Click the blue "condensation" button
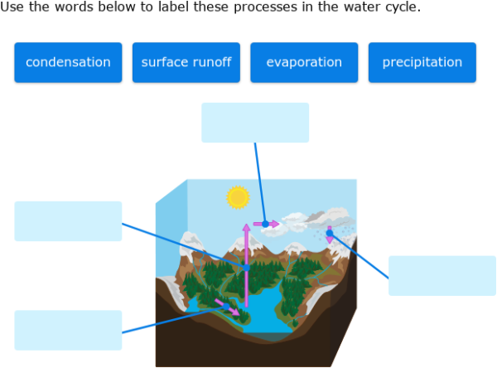point(68,62)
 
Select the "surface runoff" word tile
point(186,62)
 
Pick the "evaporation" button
point(304,62)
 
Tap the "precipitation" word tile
point(422,62)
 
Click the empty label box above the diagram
point(255,123)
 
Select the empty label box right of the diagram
point(442,275)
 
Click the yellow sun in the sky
point(239,197)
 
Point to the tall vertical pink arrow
point(246,249)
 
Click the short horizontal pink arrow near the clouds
point(270,224)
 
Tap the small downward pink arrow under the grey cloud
point(330,238)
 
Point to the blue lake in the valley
point(265,311)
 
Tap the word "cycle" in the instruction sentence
point(401,7)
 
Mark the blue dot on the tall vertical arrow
point(246,268)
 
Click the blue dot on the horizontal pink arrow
point(265,224)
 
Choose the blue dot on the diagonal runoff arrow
point(225,305)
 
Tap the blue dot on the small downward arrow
point(330,234)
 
